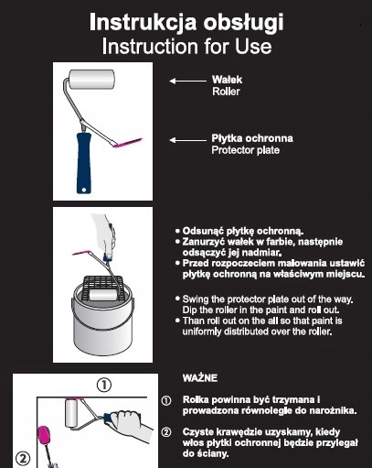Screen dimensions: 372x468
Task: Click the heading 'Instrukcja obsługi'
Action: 186,23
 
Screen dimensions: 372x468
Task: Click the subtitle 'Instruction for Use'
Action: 186,47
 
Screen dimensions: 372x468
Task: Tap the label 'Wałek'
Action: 227,80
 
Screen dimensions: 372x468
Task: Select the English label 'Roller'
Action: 226,92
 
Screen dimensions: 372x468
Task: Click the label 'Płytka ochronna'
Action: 252,138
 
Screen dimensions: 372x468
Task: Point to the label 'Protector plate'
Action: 246,150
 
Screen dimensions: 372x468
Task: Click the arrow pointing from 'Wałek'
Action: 187,81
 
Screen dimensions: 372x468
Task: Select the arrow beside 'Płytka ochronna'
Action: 187,140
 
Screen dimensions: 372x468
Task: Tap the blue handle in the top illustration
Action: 84,163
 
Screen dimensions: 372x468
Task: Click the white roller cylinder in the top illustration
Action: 91,79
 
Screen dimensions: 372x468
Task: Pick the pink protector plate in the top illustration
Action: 127,143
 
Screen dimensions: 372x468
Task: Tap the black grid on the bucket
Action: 103,287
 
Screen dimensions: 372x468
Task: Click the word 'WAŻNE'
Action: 200,378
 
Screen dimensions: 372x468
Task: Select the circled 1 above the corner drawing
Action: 104,385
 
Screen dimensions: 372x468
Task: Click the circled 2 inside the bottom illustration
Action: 23,459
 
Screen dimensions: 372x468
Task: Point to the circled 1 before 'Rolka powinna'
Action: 166,400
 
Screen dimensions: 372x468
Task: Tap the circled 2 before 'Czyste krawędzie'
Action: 166,432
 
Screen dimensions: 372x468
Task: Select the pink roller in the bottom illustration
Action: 44,436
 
